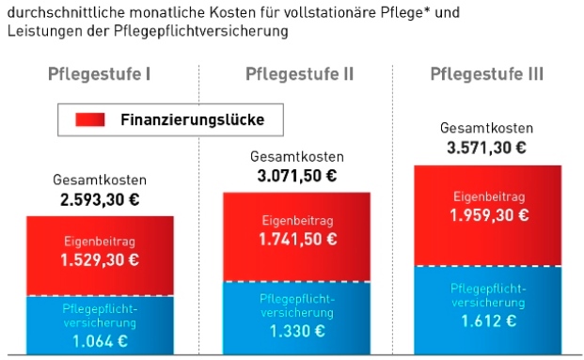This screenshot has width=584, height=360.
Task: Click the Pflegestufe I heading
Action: tap(100, 74)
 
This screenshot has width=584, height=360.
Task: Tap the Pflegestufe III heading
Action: tap(486, 74)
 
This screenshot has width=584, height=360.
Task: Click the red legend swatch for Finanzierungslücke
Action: tap(89, 119)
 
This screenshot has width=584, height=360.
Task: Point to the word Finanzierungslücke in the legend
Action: tap(192, 119)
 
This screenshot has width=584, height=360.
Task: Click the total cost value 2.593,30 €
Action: tap(100, 199)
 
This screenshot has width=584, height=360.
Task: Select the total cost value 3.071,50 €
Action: tap(296, 176)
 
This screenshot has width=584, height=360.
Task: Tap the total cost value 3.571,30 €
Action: tap(486, 148)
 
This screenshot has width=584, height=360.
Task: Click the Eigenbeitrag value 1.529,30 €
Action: tap(100, 259)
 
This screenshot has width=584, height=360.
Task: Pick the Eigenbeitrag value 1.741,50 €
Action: tap(296, 240)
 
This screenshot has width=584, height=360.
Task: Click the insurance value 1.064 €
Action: tap(100, 341)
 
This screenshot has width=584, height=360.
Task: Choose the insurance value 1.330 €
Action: tap(296, 332)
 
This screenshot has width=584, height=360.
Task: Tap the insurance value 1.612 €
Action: tap(488, 321)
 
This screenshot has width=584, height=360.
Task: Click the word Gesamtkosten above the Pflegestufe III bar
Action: tap(486, 128)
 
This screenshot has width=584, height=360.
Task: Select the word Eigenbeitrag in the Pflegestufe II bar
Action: tap(296, 221)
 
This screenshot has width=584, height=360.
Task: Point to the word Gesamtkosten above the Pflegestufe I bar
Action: tap(100, 180)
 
